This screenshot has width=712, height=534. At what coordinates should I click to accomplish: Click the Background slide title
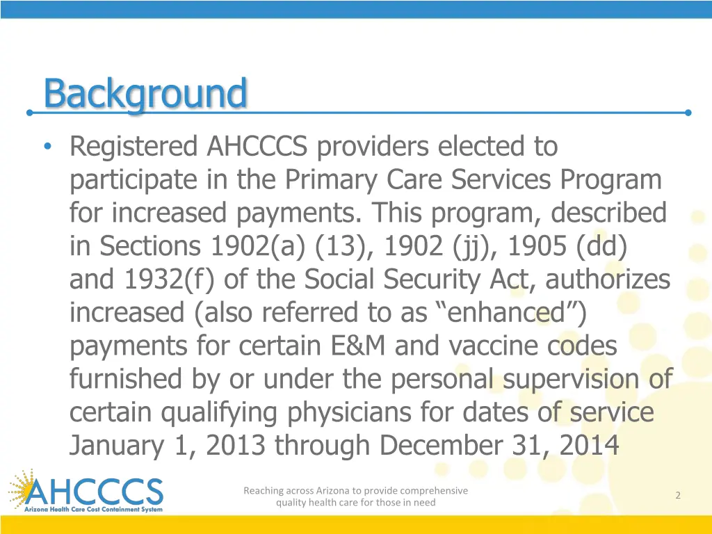click(145, 94)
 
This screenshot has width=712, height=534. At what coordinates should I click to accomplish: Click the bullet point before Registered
click(47, 147)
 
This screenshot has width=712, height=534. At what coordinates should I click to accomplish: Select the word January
click(119, 446)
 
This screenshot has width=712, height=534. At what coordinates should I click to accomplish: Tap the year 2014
click(590, 446)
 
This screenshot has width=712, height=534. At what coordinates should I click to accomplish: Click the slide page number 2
click(677, 495)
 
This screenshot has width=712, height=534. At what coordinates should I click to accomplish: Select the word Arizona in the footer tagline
click(326, 491)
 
